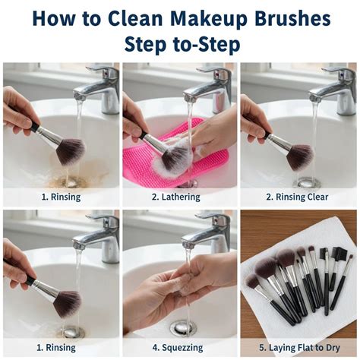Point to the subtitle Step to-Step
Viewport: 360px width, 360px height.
pos(181,45)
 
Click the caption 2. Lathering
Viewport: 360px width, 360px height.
pos(180,197)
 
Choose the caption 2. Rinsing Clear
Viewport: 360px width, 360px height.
pos(298,197)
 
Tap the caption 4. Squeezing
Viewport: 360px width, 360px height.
pos(180,348)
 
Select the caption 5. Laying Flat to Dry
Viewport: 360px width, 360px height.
pos(298,348)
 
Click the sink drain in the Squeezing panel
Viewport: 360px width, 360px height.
pos(183,327)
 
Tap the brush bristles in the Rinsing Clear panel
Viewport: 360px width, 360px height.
pos(299,156)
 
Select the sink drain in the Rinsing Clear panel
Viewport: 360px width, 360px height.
pos(308,182)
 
